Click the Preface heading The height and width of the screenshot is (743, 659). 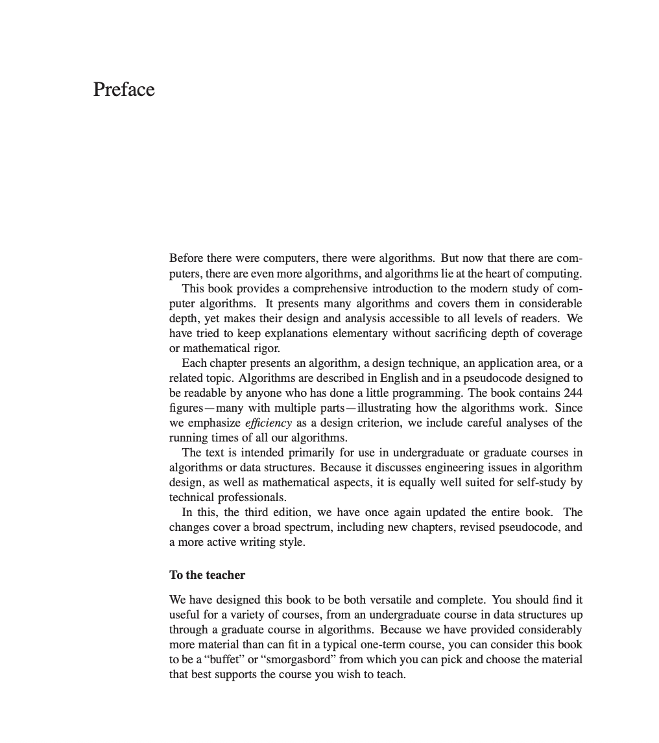coord(124,89)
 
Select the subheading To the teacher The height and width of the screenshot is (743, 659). coord(207,575)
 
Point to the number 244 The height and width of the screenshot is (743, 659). coord(573,393)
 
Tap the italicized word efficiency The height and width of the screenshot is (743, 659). coord(269,423)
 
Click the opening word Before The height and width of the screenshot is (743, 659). coord(186,258)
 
